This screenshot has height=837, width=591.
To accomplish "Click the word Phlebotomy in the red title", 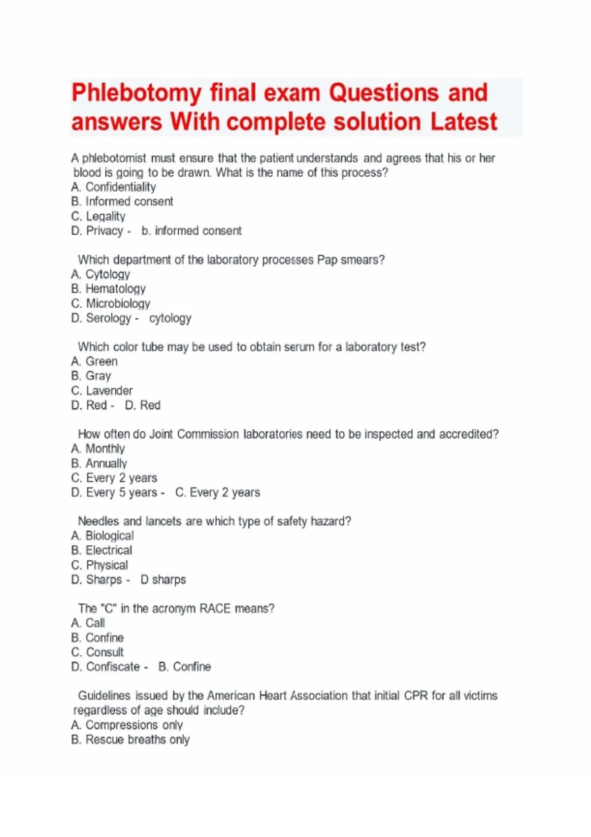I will tap(136, 94).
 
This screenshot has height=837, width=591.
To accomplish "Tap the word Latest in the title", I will tap(464, 122).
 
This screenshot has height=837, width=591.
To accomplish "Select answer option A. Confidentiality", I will tap(113, 187).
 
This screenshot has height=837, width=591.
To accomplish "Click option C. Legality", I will tap(98, 216).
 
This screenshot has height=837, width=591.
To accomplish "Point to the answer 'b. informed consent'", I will tap(192, 231).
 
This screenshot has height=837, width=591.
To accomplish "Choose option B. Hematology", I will tap(108, 289).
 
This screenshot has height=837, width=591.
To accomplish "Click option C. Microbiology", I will tap(111, 303).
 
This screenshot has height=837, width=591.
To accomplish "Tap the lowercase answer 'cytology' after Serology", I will tap(170, 318).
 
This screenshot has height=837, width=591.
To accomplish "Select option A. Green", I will tap(95, 361).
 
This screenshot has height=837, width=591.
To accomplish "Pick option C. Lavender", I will tap(102, 391).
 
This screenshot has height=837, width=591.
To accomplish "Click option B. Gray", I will tap(91, 376).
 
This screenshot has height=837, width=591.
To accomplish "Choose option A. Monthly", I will tap(98, 449).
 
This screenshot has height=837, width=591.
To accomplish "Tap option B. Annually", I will tap(99, 464).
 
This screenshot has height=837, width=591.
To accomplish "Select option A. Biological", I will tap(102, 536).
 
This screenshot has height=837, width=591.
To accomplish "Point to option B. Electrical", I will tap(101, 550).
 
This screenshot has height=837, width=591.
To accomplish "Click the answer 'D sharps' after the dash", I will tap(163, 580).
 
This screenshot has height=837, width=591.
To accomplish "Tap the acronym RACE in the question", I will tap(215, 609).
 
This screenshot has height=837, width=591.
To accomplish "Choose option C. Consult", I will tap(98, 652).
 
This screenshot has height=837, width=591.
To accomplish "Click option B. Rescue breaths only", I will tap(131, 740).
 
